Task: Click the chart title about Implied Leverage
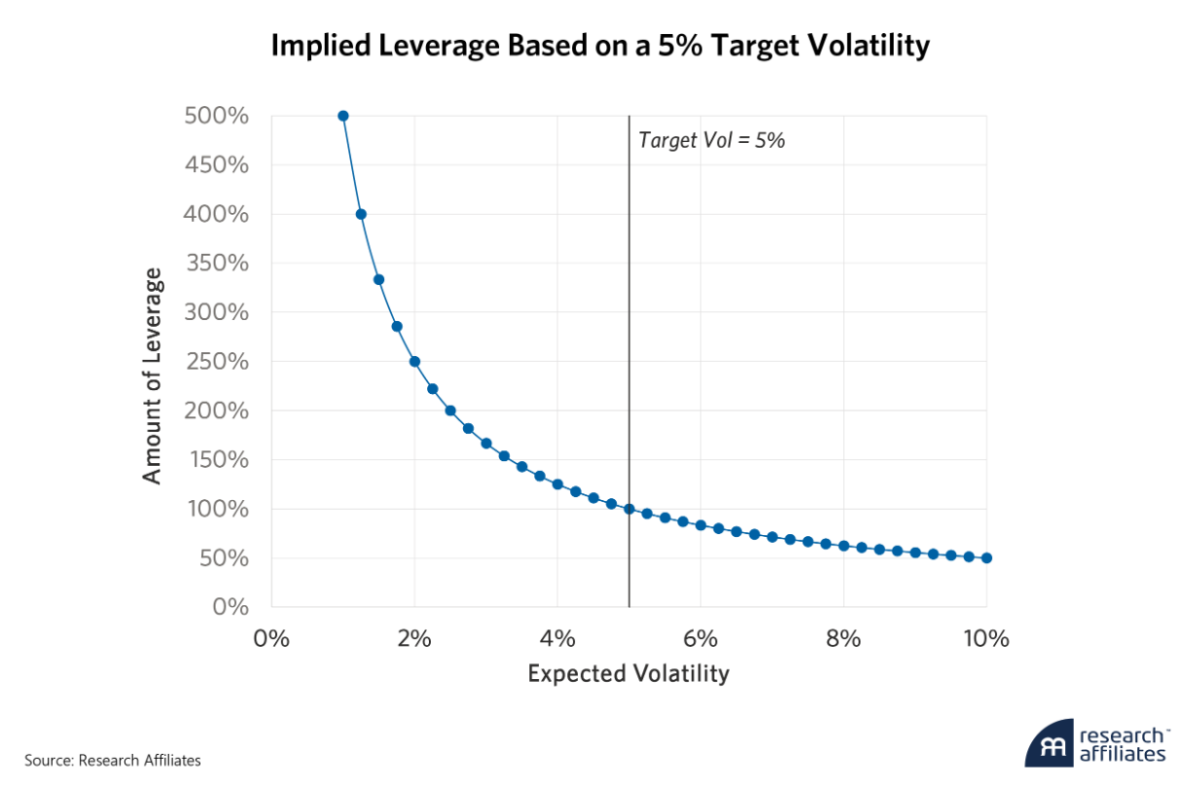(600, 46)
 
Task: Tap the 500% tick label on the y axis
(215, 116)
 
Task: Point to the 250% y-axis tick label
(215, 362)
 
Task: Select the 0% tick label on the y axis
(230, 607)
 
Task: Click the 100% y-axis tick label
(215, 509)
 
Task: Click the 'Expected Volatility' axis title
(628, 673)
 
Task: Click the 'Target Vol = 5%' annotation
(711, 140)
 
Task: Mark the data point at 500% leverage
(342, 116)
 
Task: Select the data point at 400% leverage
(361, 214)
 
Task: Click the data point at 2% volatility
(414, 361)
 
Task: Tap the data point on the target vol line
(629, 509)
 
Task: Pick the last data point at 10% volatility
(986, 557)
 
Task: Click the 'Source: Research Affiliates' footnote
(113, 760)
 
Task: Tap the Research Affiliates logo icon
(1049, 744)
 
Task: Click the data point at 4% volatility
(557, 483)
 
